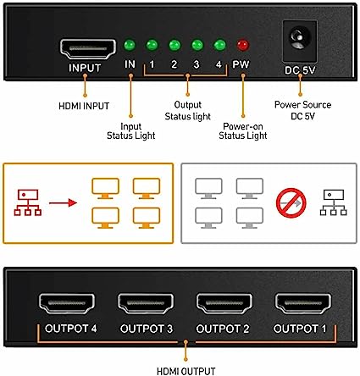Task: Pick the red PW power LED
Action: [243, 47]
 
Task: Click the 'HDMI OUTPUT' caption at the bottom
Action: [183, 368]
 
